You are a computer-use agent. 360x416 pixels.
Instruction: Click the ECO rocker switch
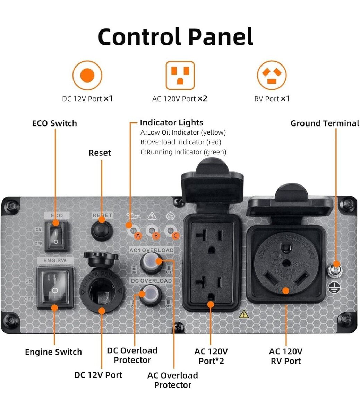click(x=56, y=234)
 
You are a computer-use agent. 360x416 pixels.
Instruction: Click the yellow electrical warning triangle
click(x=244, y=314)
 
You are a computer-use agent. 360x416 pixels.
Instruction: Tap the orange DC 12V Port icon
click(x=87, y=75)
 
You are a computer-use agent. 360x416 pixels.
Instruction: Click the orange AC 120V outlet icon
click(x=180, y=75)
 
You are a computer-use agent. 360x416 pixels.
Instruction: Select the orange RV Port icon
click(x=272, y=75)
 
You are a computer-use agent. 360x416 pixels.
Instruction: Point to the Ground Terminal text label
click(x=325, y=123)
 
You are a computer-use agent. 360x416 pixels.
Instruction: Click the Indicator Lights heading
click(x=171, y=123)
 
